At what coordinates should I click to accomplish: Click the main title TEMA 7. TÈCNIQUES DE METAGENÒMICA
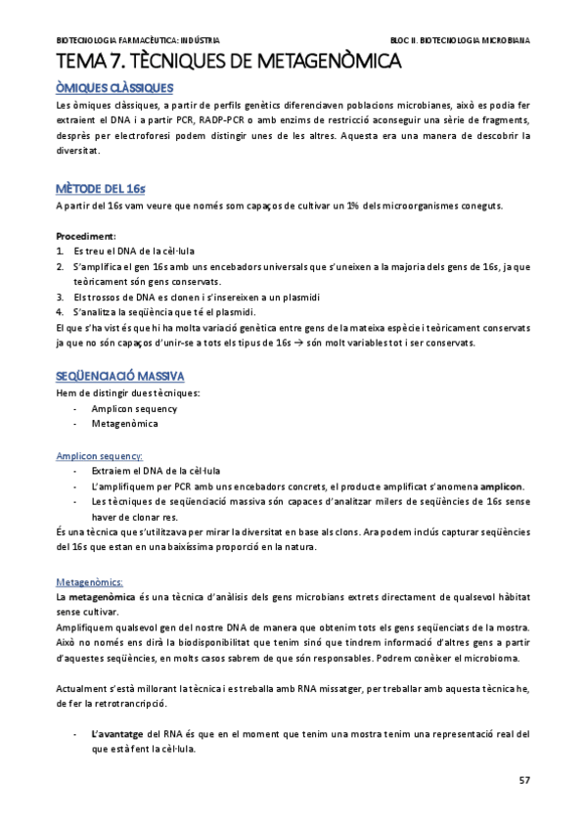(x=229, y=63)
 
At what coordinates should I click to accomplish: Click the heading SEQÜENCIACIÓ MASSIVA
(x=120, y=377)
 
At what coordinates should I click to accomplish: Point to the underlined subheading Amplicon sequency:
(x=99, y=455)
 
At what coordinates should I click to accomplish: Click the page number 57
(x=523, y=780)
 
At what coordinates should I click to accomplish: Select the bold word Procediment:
(x=86, y=236)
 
